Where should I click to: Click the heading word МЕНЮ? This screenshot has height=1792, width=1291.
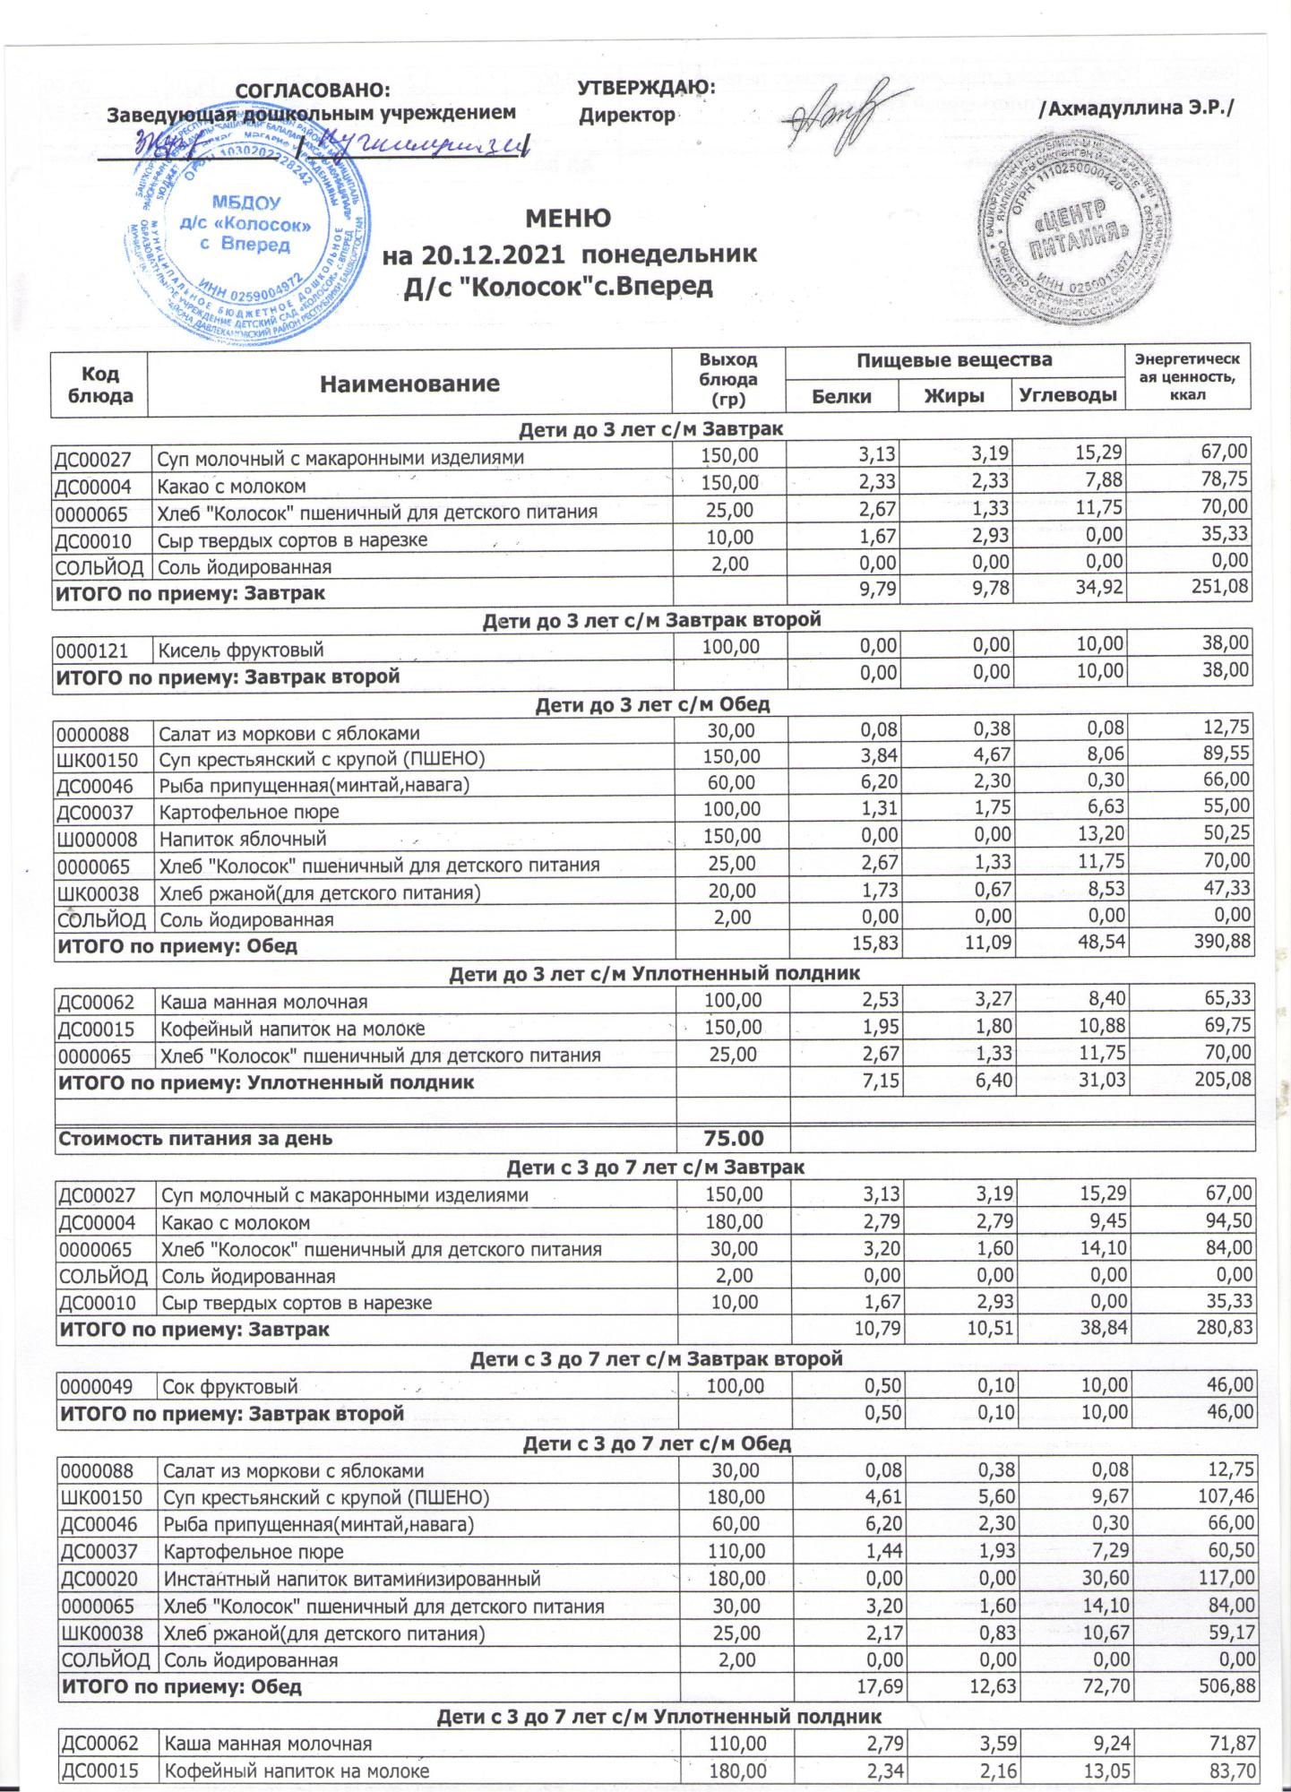click(x=568, y=219)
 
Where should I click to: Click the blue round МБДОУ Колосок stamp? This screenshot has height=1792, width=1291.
click(x=244, y=231)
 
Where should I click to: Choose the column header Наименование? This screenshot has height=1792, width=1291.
click(x=409, y=384)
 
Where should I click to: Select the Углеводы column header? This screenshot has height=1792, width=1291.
click(x=1068, y=396)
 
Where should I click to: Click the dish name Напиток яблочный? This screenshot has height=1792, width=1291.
click(x=243, y=840)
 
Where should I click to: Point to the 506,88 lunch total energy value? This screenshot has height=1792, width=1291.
click(x=1224, y=1686)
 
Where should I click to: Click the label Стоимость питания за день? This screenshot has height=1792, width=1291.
click(x=195, y=1139)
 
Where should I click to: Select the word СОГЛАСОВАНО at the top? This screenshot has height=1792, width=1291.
click(x=313, y=90)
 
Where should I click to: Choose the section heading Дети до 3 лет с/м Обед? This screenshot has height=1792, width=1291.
click(x=652, y=704)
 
